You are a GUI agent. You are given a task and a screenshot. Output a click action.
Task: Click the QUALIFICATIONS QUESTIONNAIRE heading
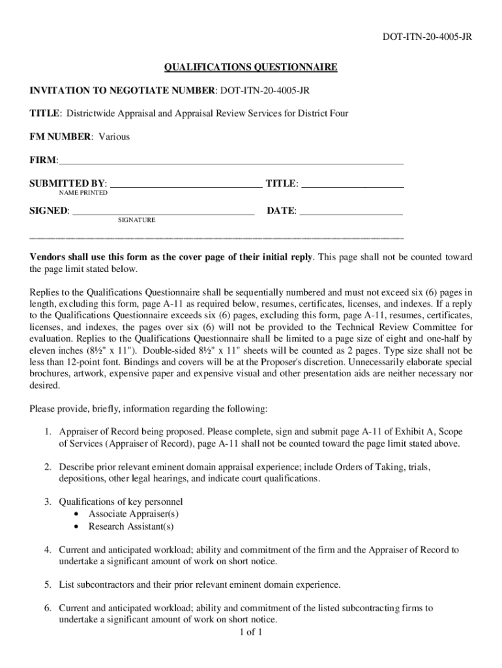(x=250, y=67)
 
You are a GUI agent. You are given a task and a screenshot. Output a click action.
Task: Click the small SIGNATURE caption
(x=136, y=220)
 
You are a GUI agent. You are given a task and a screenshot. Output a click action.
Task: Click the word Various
(x=114, y=137)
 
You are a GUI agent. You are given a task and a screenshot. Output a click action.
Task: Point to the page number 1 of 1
(x=250, y=632)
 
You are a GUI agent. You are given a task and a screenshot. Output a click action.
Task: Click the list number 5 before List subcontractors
(x=48, y=584)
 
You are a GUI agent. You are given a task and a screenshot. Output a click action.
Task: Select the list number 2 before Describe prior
(x=48, y=468)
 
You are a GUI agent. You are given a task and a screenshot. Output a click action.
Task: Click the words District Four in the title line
(x=323, y=114)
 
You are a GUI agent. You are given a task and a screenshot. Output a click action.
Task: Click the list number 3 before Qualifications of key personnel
(x=48, y=502)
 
